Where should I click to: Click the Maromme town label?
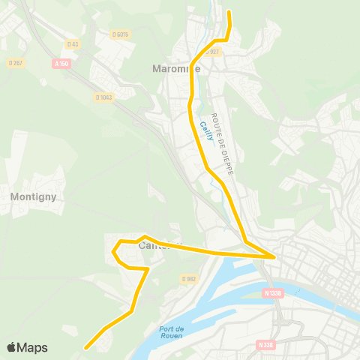tap(172, 68)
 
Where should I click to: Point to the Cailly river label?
tap(205, 130)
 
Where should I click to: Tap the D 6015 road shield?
tap(120, 34)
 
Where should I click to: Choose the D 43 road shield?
tap(72, 43)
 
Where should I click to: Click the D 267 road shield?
tap(16, 62)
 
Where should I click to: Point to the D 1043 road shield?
tap(104, 97)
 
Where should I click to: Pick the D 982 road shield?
tap(188, 278)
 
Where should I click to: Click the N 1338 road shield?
tap(274, 293)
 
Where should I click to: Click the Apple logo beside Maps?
tap(11, 348)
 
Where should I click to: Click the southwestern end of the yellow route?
tap(86, 348)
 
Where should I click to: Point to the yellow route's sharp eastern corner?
tap(275, 256)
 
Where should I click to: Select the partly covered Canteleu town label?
tap(154, 244)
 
